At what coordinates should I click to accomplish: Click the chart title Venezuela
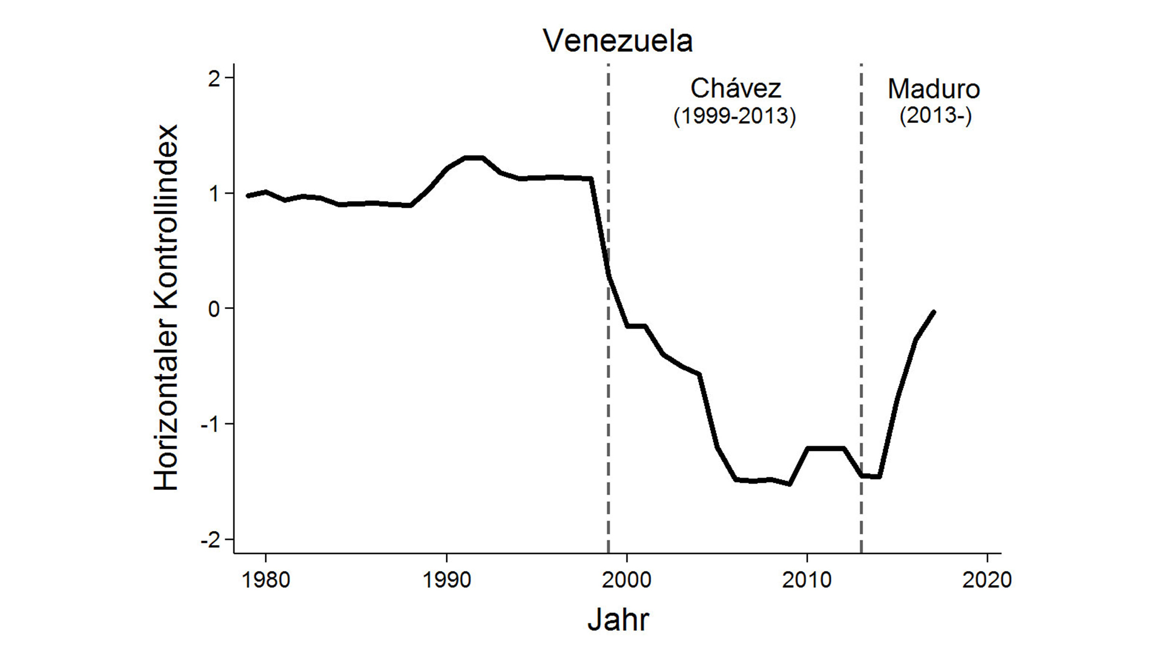[x=618, y=41]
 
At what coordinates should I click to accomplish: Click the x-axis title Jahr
[x=618, y=619]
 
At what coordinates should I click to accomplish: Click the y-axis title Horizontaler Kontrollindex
[x=166, y=308]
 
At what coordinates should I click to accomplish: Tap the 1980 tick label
[x=265, y=580]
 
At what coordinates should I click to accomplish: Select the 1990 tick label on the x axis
[x=446, y=580]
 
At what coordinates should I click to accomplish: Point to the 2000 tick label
[x=627, y=580]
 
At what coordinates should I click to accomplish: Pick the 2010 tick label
[x=807, y=580]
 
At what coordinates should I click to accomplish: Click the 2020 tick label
[x=987, y=580]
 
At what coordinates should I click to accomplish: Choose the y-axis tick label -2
[x=210, y=540]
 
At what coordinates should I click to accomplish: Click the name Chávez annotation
[x=735, y=89]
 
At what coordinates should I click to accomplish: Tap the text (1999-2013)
[x=734, y=116]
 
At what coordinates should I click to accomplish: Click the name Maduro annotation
[x=934, y=89]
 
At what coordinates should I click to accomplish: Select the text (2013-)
[x=935, y=116]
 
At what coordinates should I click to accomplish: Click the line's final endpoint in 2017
[x=934, y=312]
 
